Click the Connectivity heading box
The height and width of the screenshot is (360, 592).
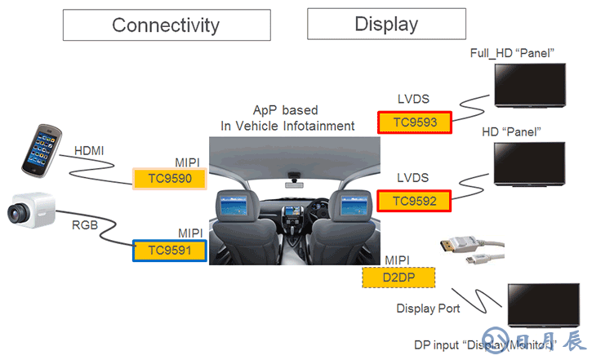pos(166,24)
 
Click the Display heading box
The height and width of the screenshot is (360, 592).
pos(386,24)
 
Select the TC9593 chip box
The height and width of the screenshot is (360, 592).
pos(413,123)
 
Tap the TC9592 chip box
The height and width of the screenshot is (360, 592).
pos(413,200)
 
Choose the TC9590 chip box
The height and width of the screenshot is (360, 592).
pos(170,178)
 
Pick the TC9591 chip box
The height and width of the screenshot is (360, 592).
pos(170,249)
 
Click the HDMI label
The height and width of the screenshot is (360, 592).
pos(89,151)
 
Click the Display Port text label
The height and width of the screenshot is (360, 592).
pos(428,308)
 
